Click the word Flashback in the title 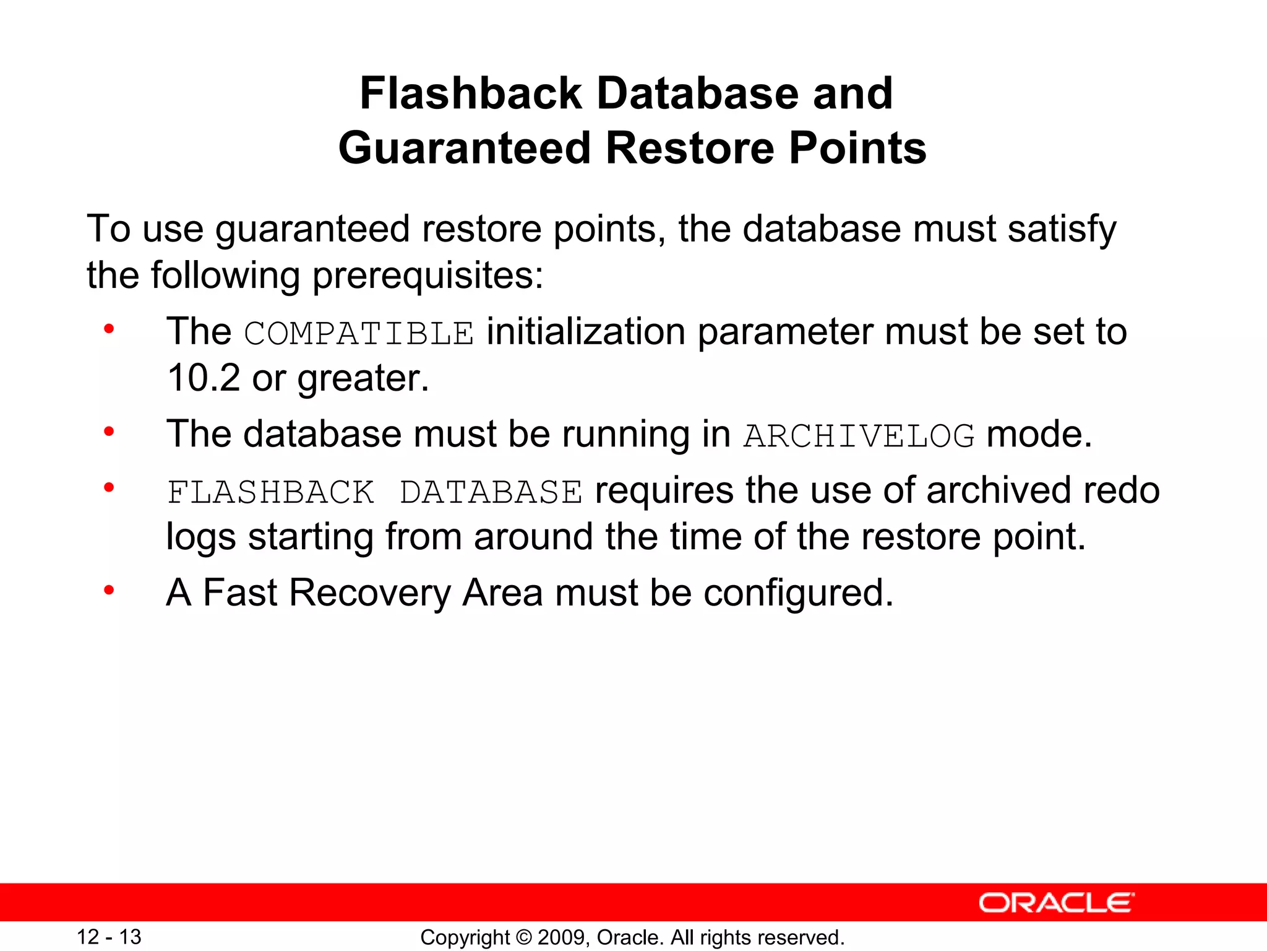click(x=471, y=93)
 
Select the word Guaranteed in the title click(x=464, y=149)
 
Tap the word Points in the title click(x=857, y=149)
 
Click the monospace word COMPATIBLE click(x=359, y=333)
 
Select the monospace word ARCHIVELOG click(x=859, y=436)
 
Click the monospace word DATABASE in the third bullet click(x=491, y=493)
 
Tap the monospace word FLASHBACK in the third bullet click(x=271, y=493)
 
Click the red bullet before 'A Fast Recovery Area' click(x=109, y=590)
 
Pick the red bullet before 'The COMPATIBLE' click(x=109, y=329)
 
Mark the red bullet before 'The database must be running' click(x=109, y=432)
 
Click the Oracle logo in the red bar click(x=1056, y=903)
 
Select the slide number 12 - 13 click(x=109, y=937)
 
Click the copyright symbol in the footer click(x=523, y=937)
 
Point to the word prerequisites click(x=427, y=276)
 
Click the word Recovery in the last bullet click(x=369, y=593)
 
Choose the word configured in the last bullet click(x=798, y=594)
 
